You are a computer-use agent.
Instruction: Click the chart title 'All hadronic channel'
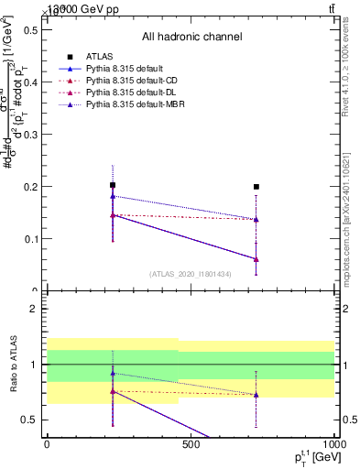191,37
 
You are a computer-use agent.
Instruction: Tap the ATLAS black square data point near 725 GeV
256,187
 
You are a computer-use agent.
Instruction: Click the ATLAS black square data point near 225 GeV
113,185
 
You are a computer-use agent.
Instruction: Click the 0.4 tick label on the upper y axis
29,82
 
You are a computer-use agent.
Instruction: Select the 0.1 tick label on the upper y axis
29,239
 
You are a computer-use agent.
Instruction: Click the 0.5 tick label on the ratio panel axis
29,420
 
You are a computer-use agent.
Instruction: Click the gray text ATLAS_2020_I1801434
191,274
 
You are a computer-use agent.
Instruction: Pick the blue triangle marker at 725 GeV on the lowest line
256,259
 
